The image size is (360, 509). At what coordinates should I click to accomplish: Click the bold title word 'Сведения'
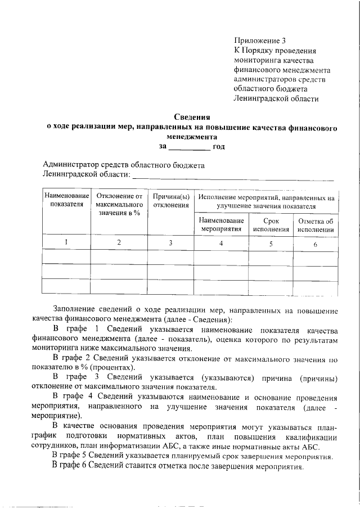coord(191,118)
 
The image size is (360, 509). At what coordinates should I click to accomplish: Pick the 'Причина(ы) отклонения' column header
coord(170,201)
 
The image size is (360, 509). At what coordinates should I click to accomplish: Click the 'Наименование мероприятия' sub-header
coord(222,225)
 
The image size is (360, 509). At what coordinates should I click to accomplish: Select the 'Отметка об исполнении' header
coord(316,225)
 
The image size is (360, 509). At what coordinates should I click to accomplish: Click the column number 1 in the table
coord(66,242)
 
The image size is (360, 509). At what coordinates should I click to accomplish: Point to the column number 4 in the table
coord(221,243)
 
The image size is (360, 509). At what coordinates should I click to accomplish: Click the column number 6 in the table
coord(315,244)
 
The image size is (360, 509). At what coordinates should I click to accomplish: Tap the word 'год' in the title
coord(219,147)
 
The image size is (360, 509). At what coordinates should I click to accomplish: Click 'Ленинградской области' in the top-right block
coord(276,98)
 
